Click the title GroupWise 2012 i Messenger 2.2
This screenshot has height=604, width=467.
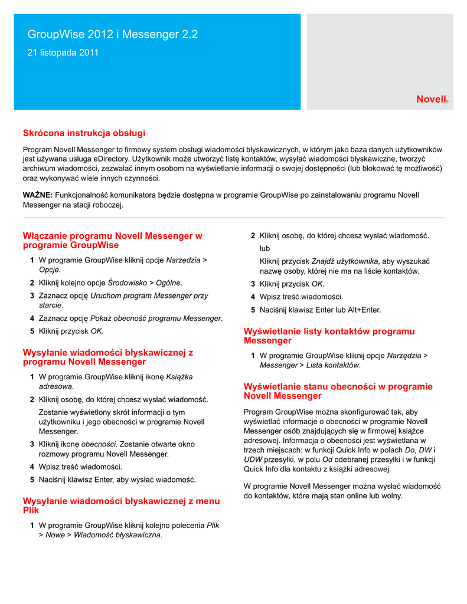coord(113,35)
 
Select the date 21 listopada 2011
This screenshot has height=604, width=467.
coord(63,53)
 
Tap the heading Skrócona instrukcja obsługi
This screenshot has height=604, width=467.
coord(84,133)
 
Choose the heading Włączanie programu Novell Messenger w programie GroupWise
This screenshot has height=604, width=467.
coord(112,240)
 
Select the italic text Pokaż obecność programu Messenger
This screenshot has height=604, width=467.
coord(156,319)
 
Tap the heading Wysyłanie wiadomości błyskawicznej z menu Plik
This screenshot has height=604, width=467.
coord(121,505)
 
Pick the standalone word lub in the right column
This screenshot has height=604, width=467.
coord(265,248)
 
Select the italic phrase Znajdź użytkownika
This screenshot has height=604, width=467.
coord(344,261)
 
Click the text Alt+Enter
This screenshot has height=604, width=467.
coord(364,310)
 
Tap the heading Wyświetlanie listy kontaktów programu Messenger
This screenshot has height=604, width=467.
coord(329,336)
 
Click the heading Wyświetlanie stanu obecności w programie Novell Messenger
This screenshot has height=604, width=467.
coord(338,391)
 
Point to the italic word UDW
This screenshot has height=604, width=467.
coord(253,459)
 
